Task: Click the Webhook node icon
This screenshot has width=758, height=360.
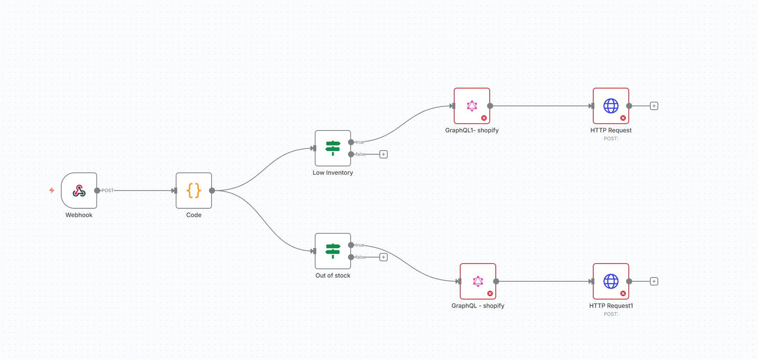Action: (x=79, y=190)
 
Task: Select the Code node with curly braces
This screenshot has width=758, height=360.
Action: (x=194, y=190)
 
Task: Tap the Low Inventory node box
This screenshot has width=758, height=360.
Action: (x=333, y=148)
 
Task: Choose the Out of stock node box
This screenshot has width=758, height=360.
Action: (x=333, y=251)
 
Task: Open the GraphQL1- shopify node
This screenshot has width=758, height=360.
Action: (x=472, y=105)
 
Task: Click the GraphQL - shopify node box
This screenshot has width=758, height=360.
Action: (x=478, y=281)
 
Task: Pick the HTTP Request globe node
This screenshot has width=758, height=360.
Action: (x=611, y=105)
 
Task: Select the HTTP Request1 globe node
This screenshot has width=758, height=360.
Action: (x=611, y=281)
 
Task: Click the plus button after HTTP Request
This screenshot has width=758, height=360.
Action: (x=654, y=105)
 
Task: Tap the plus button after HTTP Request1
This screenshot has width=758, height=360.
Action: (x=654, y=281)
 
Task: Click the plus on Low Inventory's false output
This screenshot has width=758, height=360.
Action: (x=383, y=154)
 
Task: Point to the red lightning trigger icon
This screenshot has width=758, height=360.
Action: (x=51, y=190)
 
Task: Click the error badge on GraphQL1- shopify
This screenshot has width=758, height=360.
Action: (x=484, y=118)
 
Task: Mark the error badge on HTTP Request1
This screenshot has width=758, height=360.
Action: (x=623, y=294)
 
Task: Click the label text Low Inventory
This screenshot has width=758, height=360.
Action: (x=333, y=173)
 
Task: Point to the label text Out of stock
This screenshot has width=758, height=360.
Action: (x=333, y=276)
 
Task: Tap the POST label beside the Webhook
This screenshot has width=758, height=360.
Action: (x=108, y=190)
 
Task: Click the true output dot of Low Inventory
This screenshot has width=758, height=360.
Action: (x=351, y=142)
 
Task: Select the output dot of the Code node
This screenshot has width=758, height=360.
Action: (x=212, y=190)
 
